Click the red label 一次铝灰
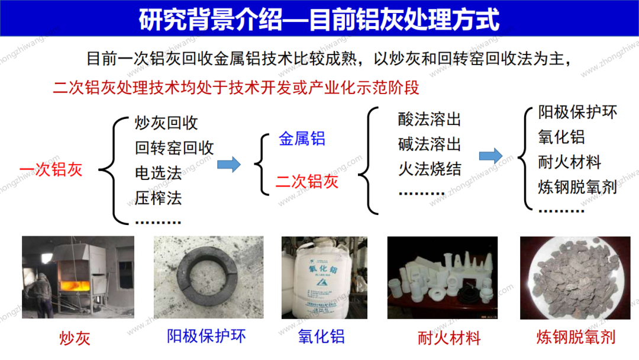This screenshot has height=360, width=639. click(x=51, y=169)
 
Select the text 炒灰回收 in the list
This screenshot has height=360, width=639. click(x=166, y=123)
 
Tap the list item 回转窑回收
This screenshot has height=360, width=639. click(x=175, y=148)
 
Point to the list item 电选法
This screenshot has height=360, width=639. click(x=158, y=173)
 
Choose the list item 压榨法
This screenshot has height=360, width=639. click(x=158, y=198)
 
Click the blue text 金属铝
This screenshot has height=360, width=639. click(x=302, y=139)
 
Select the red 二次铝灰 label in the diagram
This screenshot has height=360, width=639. click(x=307, y=181)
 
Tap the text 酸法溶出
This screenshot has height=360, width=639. click(x=430, y=120)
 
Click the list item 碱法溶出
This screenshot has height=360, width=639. click(x=430, y=144)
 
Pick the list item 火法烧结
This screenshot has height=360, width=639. click(x=430, y=169)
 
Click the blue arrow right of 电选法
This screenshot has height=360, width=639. click(x=229, y=164)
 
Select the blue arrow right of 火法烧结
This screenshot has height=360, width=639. click(x=490, y=156)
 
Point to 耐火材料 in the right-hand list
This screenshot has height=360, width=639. click(x=569, y=162)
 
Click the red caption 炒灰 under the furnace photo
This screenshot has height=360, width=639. click(x=75, y=339)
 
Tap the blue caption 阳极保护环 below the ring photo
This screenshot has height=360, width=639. click(x=206, y=336)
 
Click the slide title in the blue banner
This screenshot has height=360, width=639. click(x=319, y=19)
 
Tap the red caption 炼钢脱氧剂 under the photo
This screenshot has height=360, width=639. click(x=576, y=337)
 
